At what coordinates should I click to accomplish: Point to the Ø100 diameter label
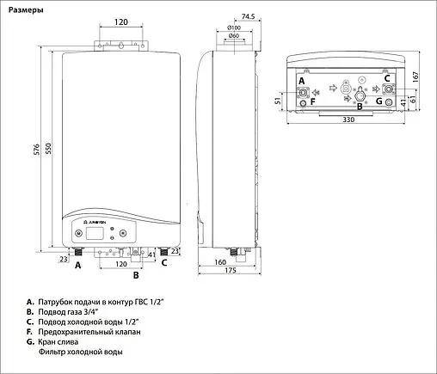coord(233,29)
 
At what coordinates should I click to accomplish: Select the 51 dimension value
coord(278,101)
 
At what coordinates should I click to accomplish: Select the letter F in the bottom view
coord(312,101)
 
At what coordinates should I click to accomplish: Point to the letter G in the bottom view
coord(378,101)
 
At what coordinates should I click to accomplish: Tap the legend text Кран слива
coord(63,341)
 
